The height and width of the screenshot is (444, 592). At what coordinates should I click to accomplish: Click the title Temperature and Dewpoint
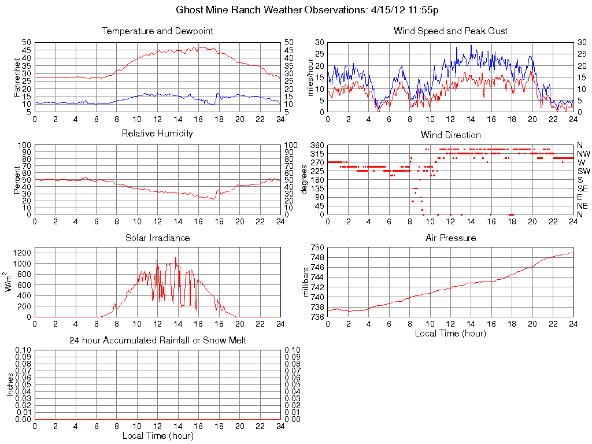[157, 31]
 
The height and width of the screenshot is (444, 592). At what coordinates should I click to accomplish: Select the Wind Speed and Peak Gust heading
[450, 31]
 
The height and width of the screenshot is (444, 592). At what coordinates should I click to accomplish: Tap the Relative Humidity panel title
[157, 134]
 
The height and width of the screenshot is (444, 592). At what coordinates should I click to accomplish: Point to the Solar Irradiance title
[157, 238]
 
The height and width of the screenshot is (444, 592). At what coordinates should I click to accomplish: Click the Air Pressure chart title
[450, 238]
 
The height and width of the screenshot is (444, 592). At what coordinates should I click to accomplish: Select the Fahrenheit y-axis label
[17, 77]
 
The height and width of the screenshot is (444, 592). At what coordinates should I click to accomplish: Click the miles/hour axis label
[310, 77]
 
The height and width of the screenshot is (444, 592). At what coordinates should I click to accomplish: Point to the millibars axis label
[307, 282]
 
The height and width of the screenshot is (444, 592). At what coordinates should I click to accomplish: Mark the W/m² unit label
[10, 282]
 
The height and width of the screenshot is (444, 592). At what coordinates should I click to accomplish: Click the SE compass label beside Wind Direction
[583, 188]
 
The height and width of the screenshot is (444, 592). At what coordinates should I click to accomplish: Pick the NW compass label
[584, 154]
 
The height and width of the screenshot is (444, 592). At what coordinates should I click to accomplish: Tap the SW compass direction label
[584, 171]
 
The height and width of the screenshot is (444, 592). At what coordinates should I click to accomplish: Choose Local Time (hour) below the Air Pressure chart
[450, 333]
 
